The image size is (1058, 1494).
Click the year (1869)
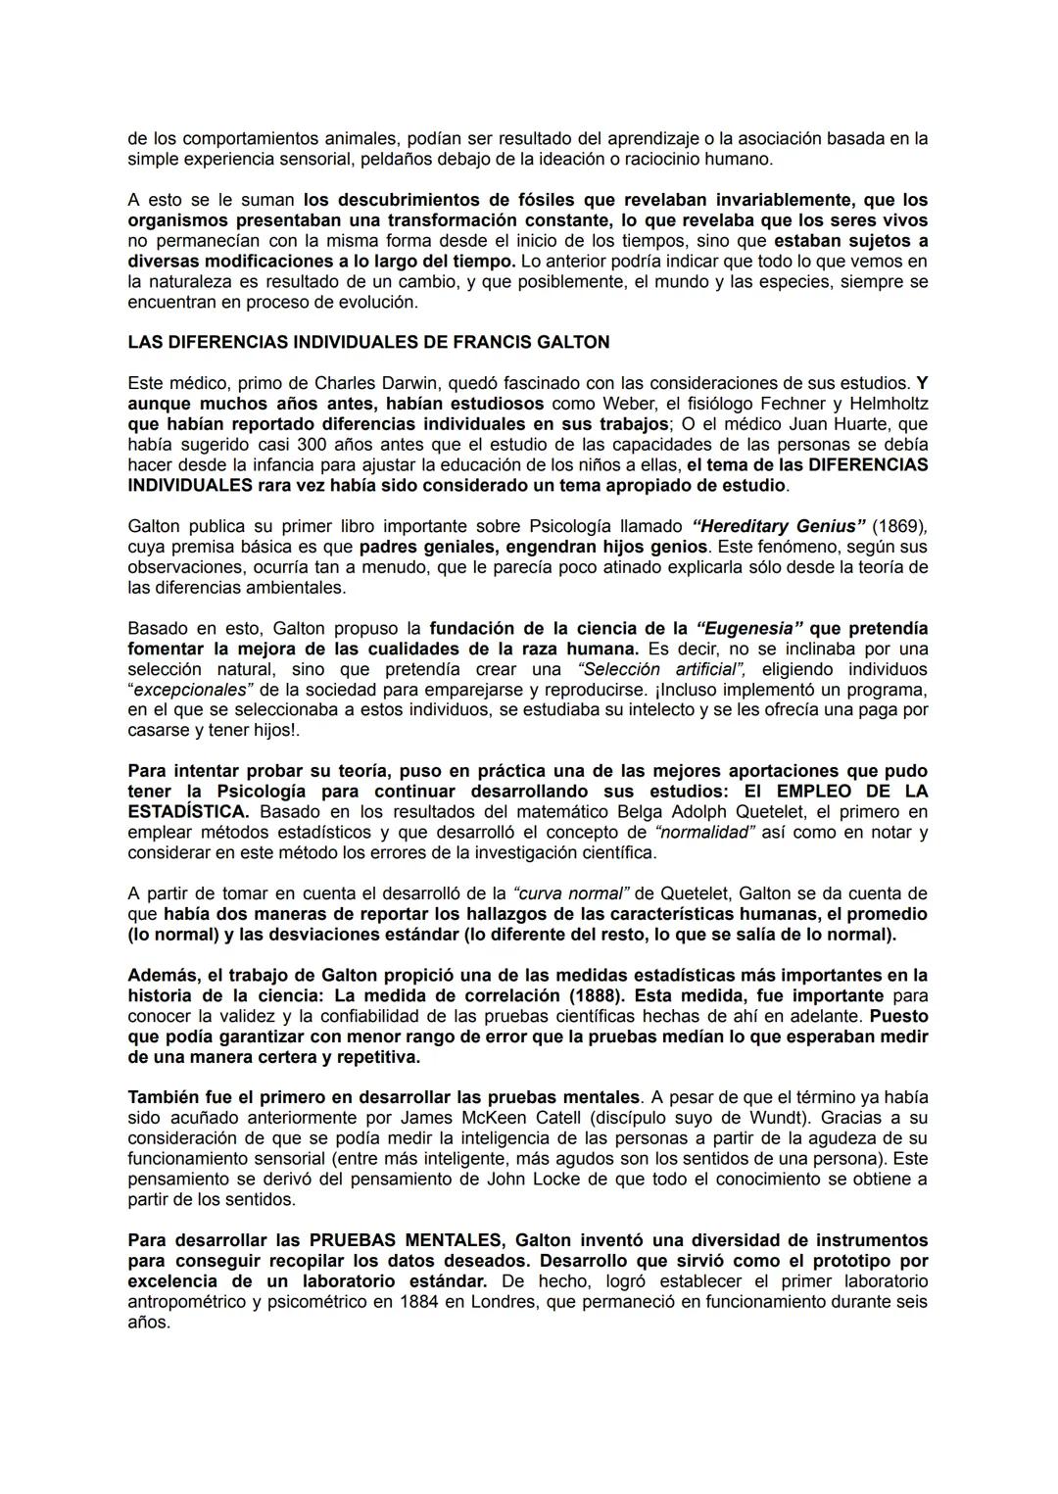pos(898,526)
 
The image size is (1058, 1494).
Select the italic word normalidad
pos(704,833)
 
